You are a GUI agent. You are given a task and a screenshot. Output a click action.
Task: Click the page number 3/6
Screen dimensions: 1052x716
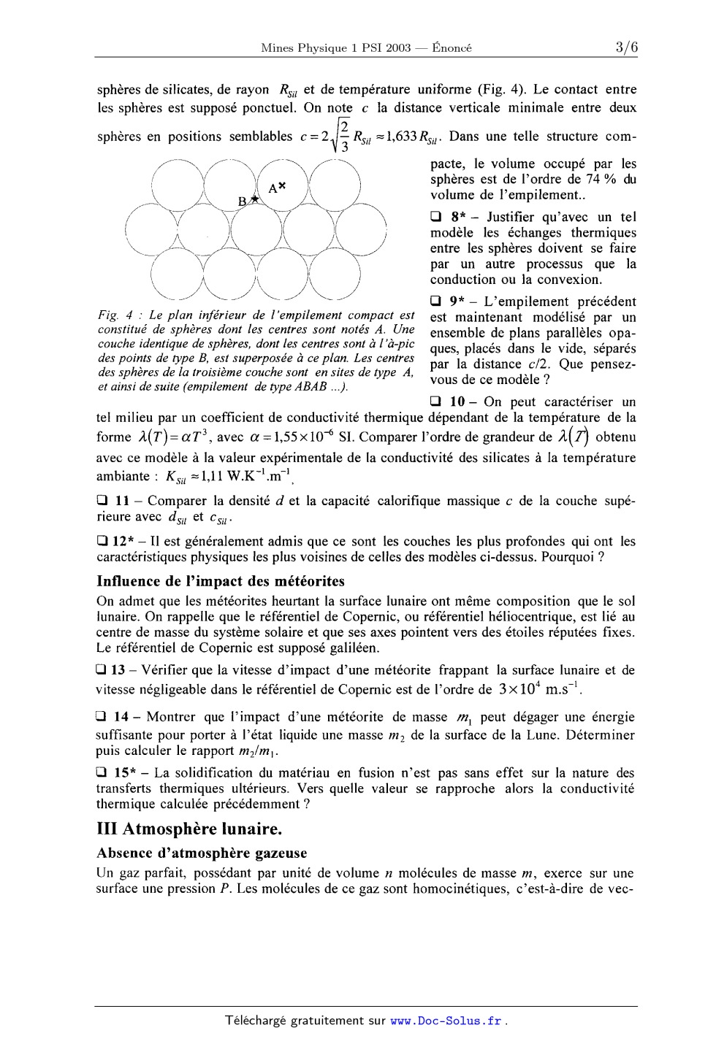(626, 48)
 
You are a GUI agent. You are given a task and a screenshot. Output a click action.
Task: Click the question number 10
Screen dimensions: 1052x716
(457, 402)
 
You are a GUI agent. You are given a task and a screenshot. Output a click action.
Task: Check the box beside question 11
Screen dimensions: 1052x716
(102, 501)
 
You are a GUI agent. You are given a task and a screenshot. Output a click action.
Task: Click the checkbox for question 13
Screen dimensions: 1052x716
(102, 670)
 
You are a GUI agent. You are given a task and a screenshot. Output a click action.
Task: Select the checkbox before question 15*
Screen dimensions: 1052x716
(102, 773)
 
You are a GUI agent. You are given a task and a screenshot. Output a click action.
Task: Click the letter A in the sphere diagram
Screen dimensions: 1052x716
(273, 188)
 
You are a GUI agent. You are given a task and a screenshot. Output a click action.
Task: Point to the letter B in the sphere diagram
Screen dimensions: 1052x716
(243, 201)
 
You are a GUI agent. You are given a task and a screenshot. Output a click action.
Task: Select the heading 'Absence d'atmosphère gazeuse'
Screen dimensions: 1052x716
(202, 853)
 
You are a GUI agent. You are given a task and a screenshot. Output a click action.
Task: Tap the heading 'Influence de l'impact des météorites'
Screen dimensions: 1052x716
(221, 581)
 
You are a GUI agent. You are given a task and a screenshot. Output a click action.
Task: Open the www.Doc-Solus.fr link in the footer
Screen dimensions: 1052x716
(446, 1021)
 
